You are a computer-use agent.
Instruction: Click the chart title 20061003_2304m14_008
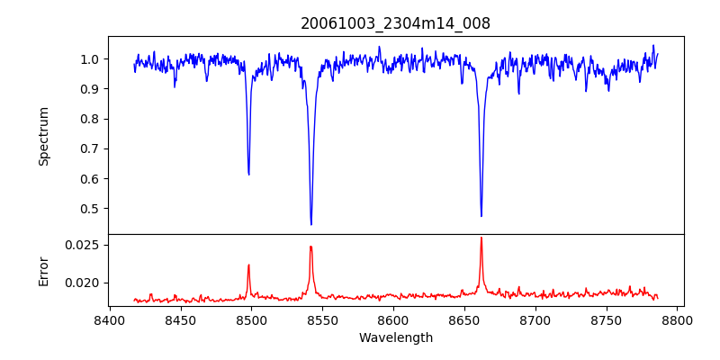(x=395, y=24)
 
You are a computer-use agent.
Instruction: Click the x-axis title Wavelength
(x=395, y=337)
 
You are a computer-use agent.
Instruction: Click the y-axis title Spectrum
(x=43, y=136)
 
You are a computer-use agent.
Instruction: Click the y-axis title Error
(x=43, y=270)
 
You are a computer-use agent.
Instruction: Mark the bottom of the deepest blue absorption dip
(x=311, y=224)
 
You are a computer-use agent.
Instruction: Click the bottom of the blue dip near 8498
(x=248, y=174)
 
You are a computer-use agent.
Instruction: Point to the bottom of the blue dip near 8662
(x=481, y=216)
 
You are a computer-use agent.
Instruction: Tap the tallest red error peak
(x=481, y=238)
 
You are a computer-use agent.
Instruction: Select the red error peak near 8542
(x=310, y=247)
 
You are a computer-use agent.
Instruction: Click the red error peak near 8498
(x=248, y=265)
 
